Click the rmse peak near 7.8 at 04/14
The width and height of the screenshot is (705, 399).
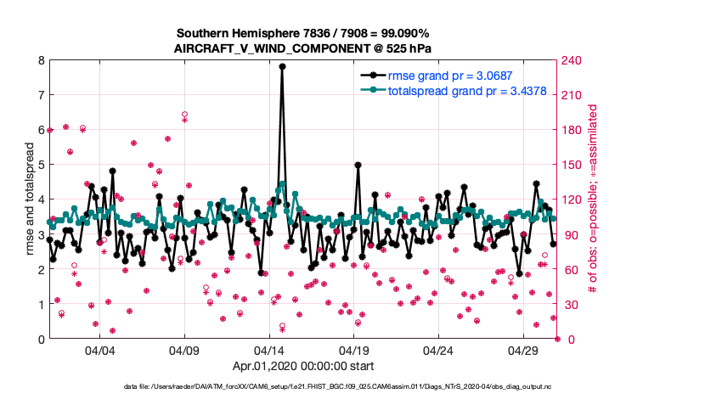coord(282,66)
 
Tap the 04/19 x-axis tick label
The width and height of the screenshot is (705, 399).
coord(354,351)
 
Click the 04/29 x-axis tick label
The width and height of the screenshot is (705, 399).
coord(523,351)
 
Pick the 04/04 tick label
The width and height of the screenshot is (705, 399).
coord(100,351)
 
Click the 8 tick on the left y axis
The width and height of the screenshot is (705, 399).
coord(41,60)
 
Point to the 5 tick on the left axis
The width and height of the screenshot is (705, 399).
coord(41,165)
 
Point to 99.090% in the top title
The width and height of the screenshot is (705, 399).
coord(400,32)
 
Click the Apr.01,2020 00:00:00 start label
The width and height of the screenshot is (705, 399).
coord(303,368)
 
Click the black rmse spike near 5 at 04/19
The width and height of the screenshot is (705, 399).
coord(358,165)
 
